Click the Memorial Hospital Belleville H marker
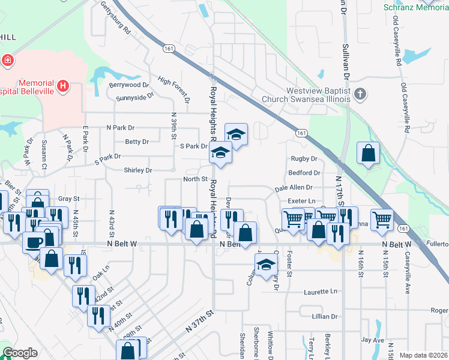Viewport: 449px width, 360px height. pos(62,87)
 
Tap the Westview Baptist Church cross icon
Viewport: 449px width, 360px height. pos(360,94)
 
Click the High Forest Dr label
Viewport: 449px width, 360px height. pos(173,89)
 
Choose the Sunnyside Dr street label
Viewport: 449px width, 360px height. pos(135,97)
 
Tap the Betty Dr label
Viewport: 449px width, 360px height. pos(137,142)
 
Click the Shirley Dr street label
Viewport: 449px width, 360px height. pos(138,170)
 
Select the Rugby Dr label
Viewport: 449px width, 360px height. pos(303,159)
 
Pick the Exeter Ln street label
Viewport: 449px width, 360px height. pos(301,200)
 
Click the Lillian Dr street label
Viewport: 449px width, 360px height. pos(324,316)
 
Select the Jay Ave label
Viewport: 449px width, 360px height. pos(372,340)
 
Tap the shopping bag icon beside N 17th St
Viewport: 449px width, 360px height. pos(367,153)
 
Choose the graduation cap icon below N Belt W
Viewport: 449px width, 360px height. pos(266,263)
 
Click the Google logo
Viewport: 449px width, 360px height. pos(20,353)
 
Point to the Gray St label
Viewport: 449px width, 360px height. pos(69,199)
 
